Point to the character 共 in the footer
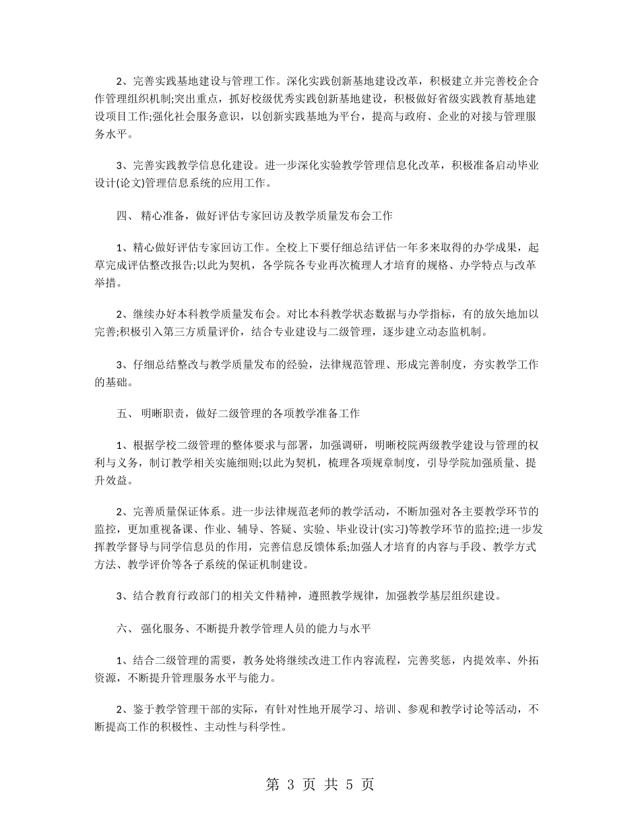click(x=327, y=785)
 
